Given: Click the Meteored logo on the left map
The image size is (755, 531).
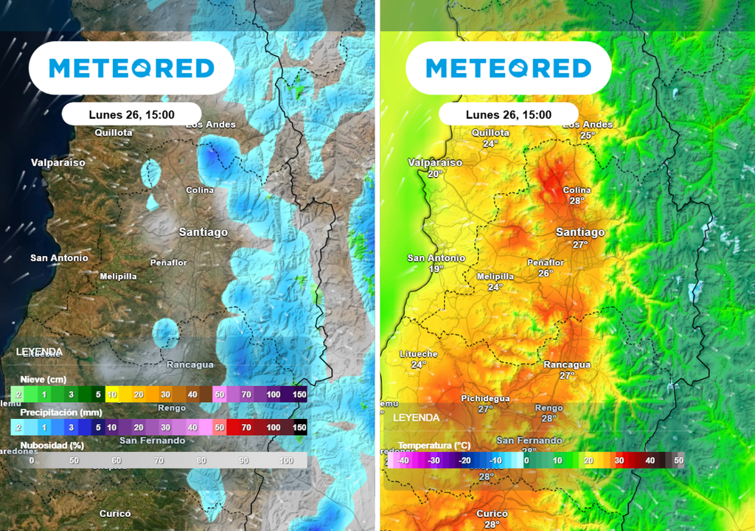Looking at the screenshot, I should tap(131, 69).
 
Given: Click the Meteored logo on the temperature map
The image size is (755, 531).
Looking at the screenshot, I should tap(509, 69).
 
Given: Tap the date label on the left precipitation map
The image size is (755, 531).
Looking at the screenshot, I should tap(131, 114).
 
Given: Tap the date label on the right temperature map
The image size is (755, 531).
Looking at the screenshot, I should tap(509, 114).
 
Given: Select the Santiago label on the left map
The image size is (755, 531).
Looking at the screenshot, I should tap(203, 232).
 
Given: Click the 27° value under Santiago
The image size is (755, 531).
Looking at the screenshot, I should tap(580, 244).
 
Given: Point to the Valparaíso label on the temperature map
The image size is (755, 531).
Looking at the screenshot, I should tap(435, 162).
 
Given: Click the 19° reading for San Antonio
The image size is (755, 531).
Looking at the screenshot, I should tap(436, 269).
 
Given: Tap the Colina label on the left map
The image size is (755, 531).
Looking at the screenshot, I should tap(200, 190).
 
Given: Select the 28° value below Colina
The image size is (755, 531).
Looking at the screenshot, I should tap(577, 201).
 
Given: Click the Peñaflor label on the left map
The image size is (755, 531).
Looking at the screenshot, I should tap(169, 263).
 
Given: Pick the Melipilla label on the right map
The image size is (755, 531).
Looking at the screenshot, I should tap(495, 277).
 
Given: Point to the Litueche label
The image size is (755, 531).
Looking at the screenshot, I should tap(419, 354).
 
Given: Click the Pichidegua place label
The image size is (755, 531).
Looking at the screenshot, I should tap(485, 398).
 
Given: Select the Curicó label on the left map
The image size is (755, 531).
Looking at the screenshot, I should tap(115, 513).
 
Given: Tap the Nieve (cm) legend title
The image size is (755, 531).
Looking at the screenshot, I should tap(43, 379).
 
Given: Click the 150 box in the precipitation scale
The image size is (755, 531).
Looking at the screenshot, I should tap(299, 427).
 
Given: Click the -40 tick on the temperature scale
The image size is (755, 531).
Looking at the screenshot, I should tap(403, 461).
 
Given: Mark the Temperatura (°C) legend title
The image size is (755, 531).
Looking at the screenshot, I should tap(434, 445).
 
